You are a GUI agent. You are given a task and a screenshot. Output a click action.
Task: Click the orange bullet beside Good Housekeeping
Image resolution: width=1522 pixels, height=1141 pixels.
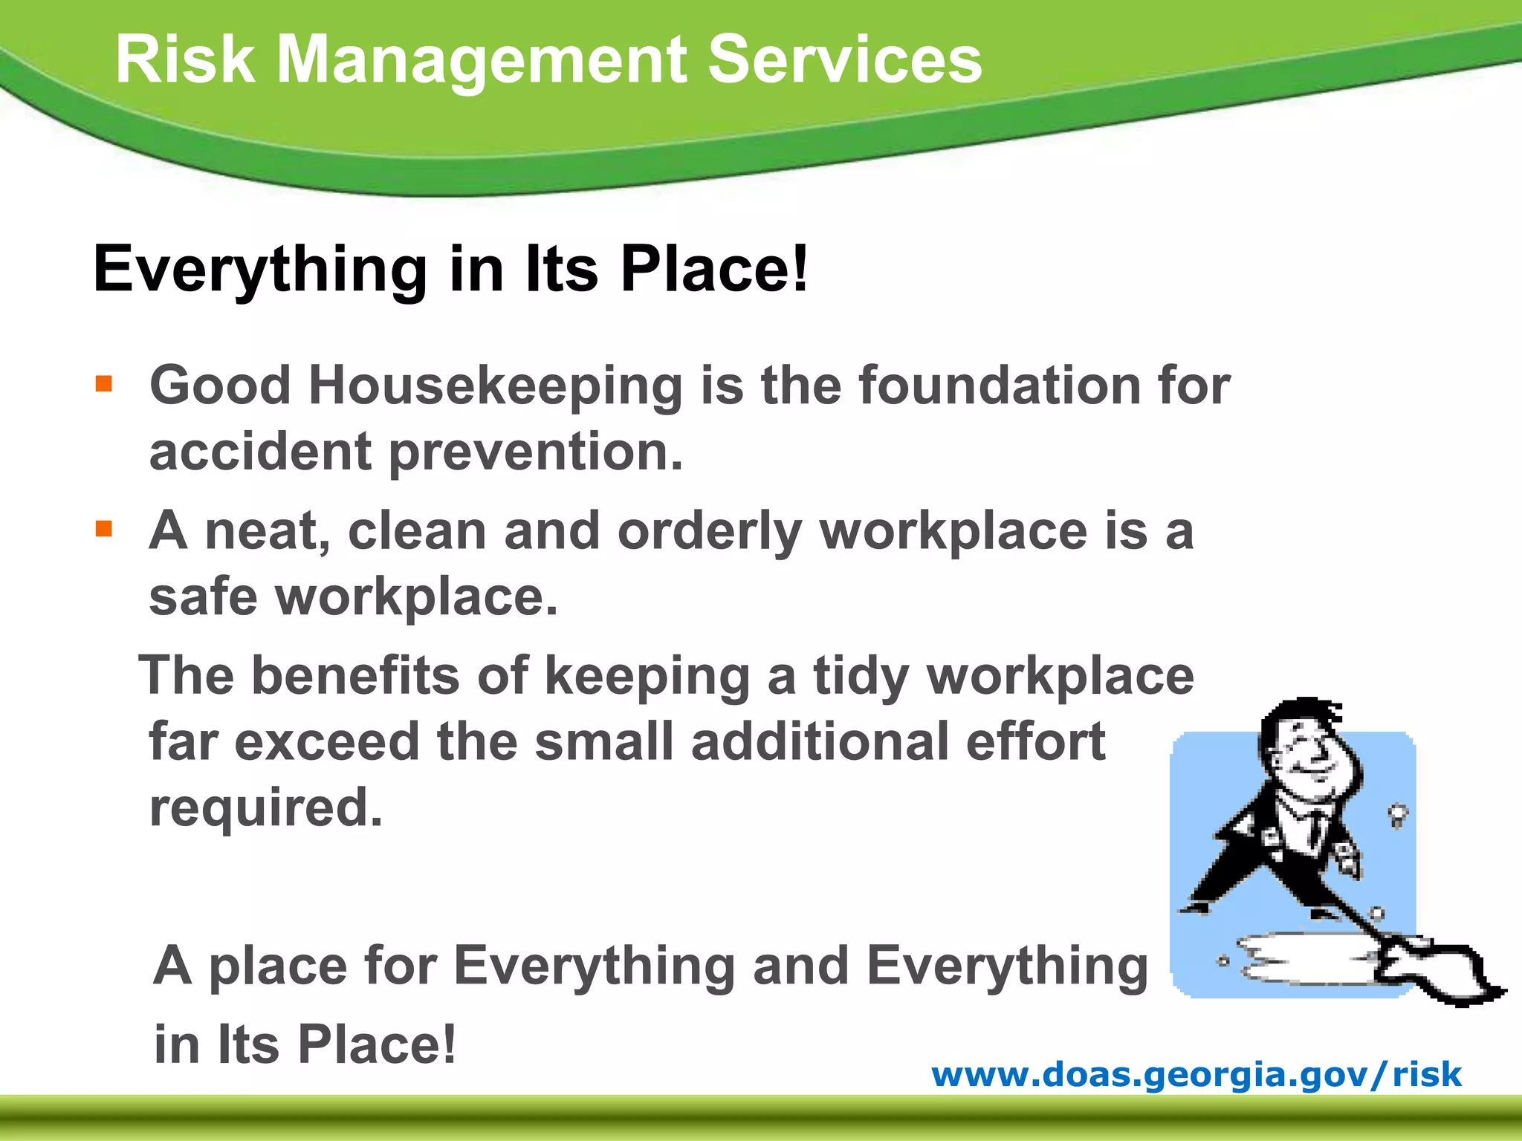104,384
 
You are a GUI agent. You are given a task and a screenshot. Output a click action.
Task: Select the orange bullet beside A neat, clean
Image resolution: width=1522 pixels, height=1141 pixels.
104,529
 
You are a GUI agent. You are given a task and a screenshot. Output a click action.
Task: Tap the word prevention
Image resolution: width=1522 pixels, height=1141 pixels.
535,453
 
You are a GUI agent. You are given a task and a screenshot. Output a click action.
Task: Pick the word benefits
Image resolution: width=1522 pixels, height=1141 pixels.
355,676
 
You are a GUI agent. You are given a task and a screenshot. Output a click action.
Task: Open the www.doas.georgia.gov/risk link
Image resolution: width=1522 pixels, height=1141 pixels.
1196,1074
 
